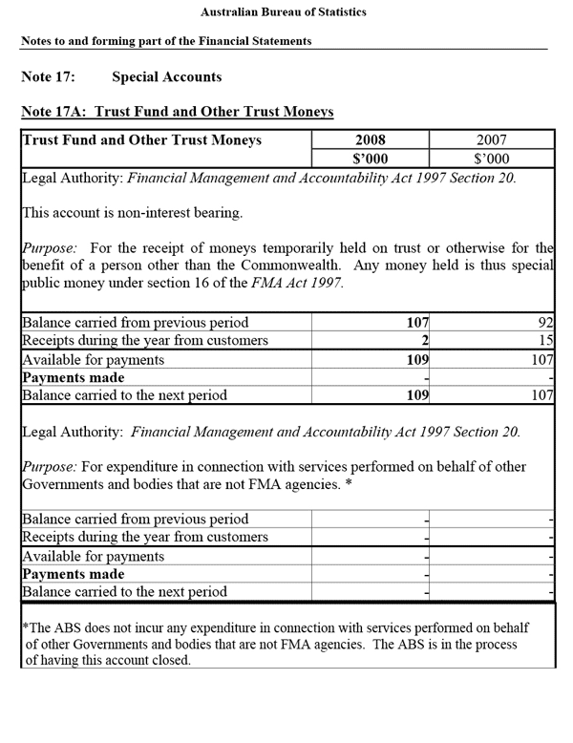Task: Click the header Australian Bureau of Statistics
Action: click(284, 12)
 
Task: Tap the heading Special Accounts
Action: click(166, 76)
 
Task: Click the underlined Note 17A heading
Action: click(177, 112)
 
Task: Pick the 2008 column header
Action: click(370, 139)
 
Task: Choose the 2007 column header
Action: click(492, 139)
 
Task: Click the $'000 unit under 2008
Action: click(370, 159)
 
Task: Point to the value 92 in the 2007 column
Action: click(545, 323)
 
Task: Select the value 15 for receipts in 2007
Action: click(545, 341)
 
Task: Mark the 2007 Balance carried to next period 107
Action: click(541, 395)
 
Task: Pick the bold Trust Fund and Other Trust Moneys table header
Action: click(141, 139)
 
